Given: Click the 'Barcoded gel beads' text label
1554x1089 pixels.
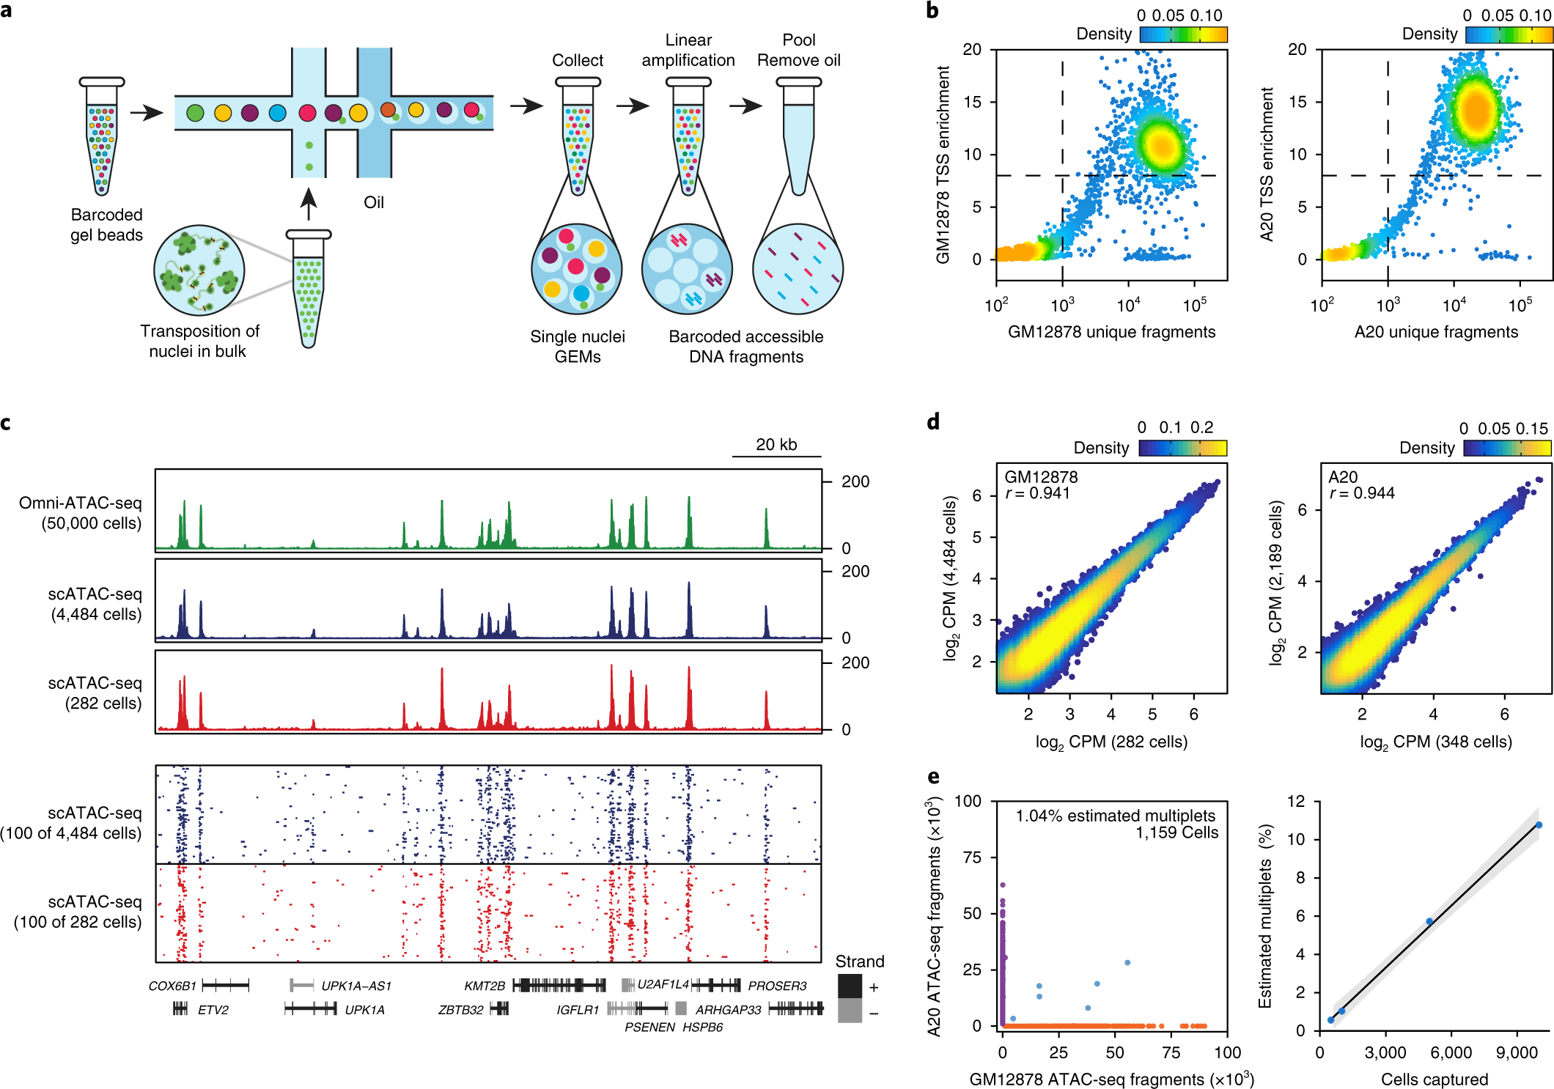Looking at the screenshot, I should click(x=106, y=225).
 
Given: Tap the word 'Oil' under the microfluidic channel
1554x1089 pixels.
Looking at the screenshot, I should click(x=374, y=202).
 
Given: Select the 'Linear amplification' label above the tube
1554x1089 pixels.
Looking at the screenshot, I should click(x=688, y=51).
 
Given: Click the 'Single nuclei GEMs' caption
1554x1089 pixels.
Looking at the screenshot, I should click(x=577, y=347).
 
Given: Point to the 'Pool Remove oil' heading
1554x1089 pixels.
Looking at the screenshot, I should click(x=798, y=51).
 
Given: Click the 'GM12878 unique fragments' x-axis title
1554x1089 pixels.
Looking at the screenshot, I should click(x=1111, y=332).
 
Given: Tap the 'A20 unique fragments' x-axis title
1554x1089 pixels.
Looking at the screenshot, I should click(x=1436, y=332).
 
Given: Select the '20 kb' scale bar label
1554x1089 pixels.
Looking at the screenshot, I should click(x=776, y=445).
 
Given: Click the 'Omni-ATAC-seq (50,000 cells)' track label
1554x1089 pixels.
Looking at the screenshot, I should click(x=81, y=513).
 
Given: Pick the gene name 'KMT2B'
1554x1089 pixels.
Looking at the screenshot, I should click(x=485, y=986).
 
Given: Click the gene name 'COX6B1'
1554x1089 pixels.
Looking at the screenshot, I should click(x=172, y=986).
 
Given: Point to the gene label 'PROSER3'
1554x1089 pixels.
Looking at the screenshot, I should click(x=777, y=986).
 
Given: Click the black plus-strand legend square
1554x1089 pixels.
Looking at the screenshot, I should click(x=850, y=986).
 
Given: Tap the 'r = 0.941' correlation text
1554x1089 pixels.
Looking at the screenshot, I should click(x=1038, y=493).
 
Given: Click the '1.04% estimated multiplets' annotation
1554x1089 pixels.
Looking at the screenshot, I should click(x=1115, y=816).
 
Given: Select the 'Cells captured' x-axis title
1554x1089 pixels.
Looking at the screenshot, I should click(x=1435, y=1079).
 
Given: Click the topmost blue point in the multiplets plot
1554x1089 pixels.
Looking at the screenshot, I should click(x=1539, y=825).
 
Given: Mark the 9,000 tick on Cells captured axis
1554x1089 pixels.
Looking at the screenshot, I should click(x=1516, y=1053).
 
